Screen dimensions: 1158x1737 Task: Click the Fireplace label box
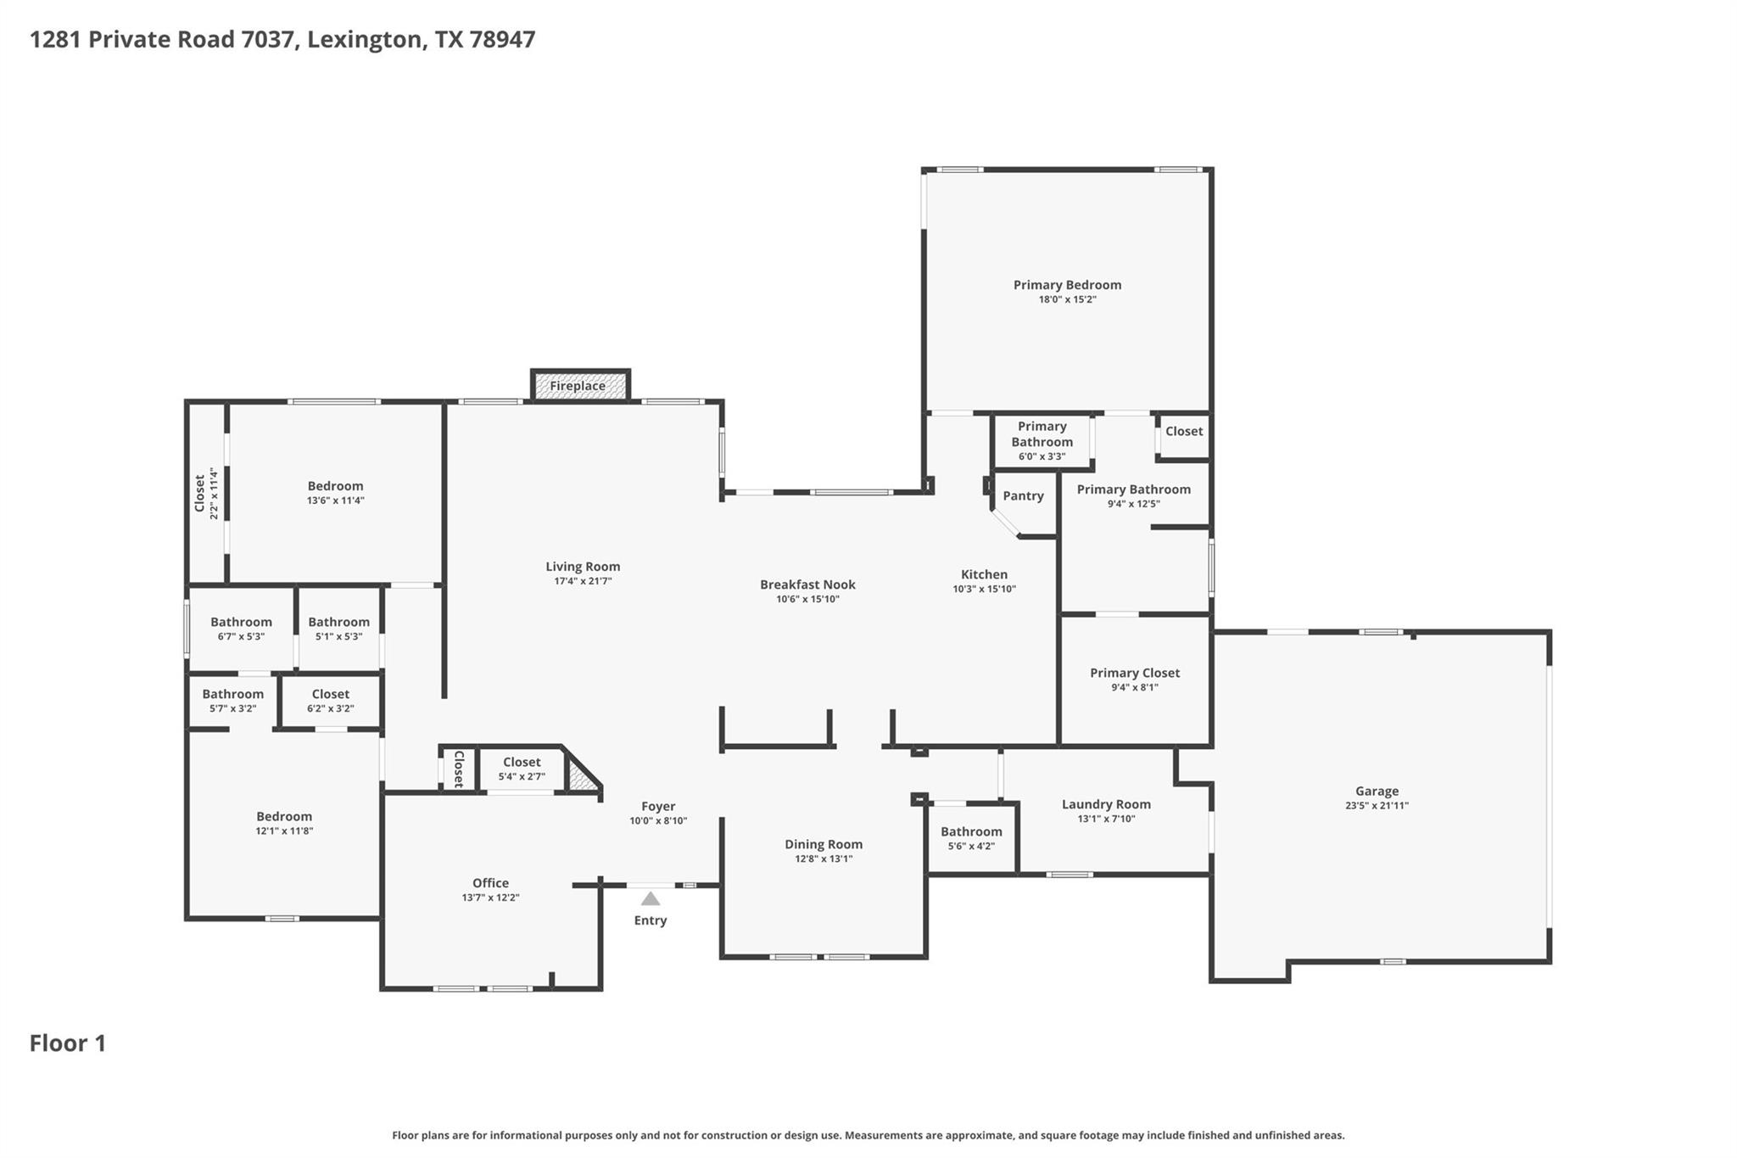[x=580, y=386]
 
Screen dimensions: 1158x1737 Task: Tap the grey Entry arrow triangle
[x=651, y=899]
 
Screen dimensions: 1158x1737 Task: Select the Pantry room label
[x=1023, y=496]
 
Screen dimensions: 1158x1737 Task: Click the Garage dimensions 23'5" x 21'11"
[x=1377, y=806]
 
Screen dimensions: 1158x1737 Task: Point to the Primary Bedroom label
[x=1067, y=285]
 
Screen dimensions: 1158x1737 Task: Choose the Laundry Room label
[x=1106, y=804]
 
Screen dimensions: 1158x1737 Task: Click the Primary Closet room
[x=1135, y=679]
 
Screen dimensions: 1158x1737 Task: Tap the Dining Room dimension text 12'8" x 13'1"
[x=824, y=859]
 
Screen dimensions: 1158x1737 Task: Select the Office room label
[x=490, y=883]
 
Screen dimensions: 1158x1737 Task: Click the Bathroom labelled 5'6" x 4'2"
[x=971, y=838]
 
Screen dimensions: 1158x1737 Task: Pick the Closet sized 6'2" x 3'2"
[x=330, y=701]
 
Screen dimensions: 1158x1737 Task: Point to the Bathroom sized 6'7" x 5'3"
[x=241, y=629]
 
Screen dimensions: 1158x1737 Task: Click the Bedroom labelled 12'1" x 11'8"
[x=284, y=823]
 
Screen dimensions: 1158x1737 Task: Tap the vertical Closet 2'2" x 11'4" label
[x=206, y=494]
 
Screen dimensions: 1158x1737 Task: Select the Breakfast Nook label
[x=807, y=585]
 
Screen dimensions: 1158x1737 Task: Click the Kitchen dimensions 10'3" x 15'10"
[x=984, y=589]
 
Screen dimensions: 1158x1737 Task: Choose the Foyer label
[x=658, y=807]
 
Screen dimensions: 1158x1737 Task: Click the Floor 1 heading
[x=68, y=1043]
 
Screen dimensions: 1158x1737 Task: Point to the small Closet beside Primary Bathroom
[x=1183, y=432]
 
